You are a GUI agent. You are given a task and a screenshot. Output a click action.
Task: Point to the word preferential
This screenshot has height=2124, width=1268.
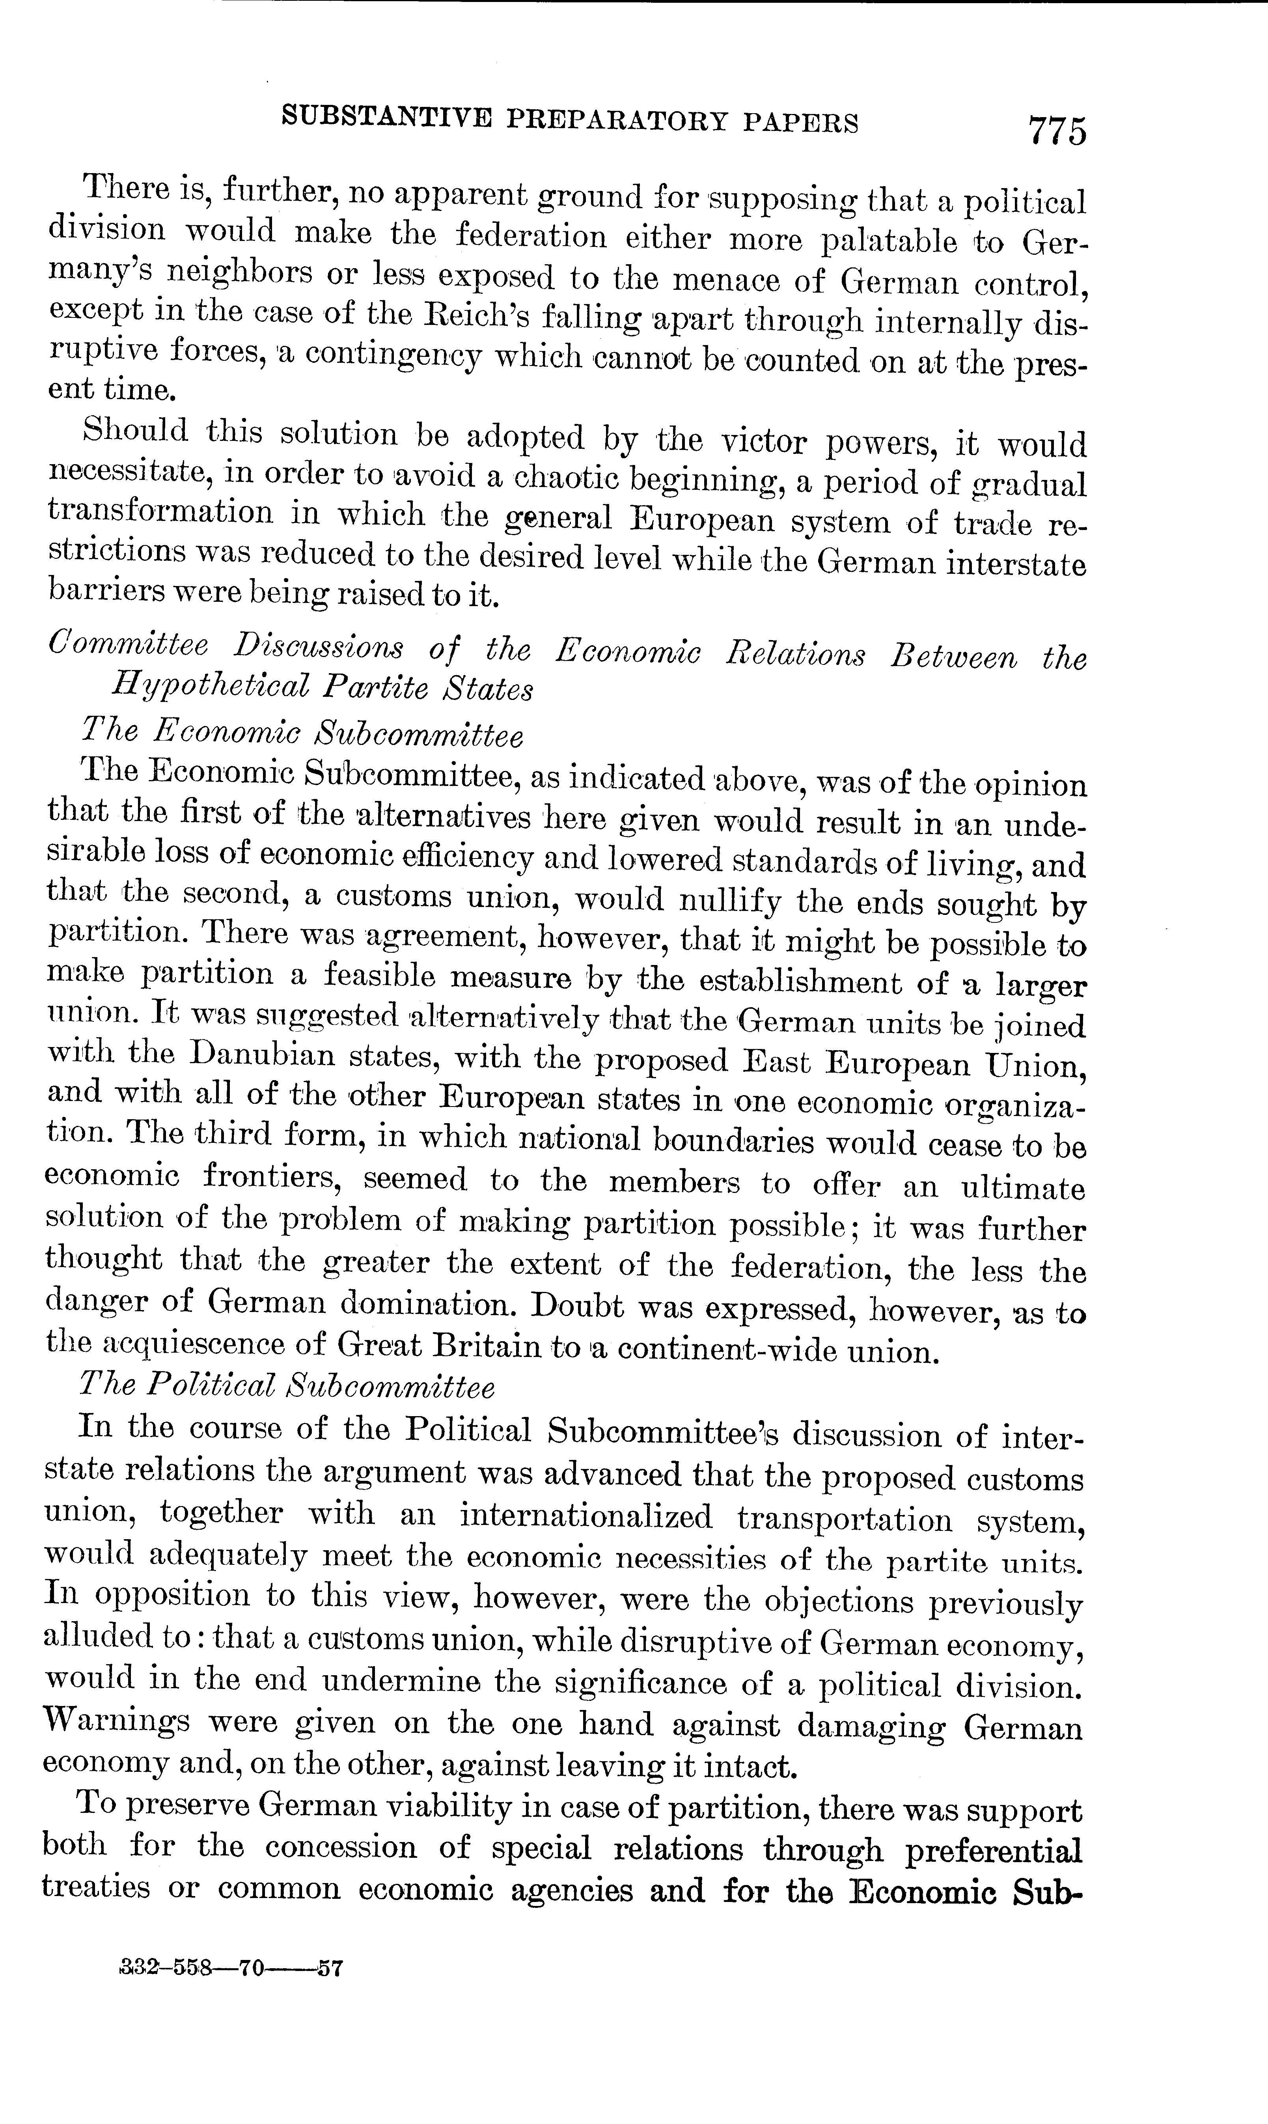click(993, 1851)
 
